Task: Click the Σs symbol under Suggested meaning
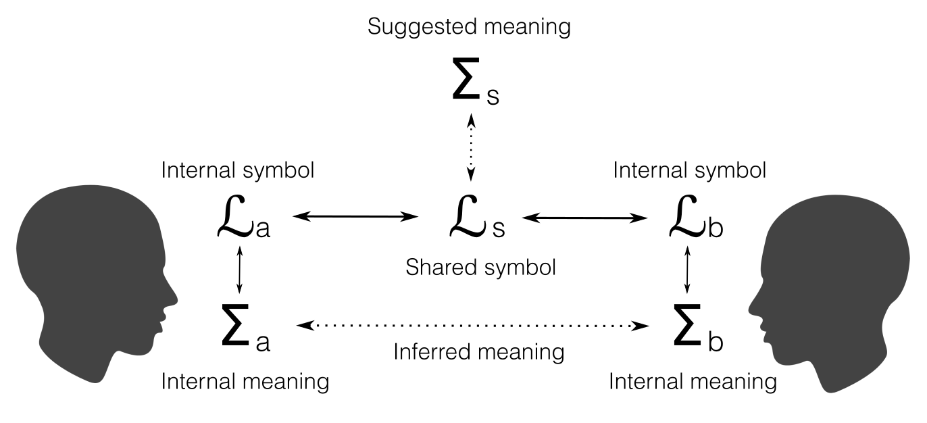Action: tap(475, 84)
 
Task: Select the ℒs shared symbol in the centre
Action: tap(476, 218)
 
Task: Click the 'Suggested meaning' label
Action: tap(470, 27)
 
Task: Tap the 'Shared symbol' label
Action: tap(480, 268)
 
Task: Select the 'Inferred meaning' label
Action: tap(478, 351)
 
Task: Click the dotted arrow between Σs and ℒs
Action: tap(472, 147)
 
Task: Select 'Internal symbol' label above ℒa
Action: tap(238, 170)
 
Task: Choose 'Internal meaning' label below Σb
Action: tap(693, 382)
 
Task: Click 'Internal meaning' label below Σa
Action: tap(245, 382)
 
